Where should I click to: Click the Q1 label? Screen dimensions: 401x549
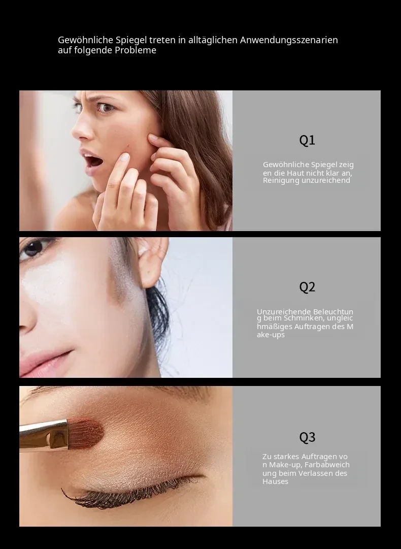307,140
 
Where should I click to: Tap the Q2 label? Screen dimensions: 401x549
307,287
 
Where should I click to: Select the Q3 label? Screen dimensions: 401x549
307,437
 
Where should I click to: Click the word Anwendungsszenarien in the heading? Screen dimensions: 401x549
289,40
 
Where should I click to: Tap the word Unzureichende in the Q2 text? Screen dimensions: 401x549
284,312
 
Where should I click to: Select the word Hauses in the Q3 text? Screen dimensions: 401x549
276,481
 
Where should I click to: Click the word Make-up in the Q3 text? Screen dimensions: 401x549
286,465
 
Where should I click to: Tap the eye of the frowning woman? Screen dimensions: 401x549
106,108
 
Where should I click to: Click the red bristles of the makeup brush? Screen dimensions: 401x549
86,433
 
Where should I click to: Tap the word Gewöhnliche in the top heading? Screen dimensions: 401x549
86,40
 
